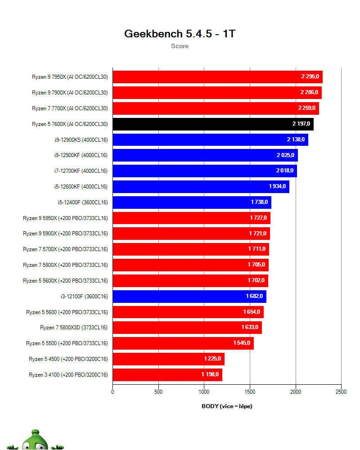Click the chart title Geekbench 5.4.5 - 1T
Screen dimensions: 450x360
point(180,34)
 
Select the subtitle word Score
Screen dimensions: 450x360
point(180,46)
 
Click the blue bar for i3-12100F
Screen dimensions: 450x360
point(189,296)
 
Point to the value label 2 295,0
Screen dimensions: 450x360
point(310,77)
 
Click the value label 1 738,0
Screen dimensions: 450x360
point(259,202)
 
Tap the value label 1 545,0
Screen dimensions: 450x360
point(242,343)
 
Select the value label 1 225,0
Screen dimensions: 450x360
point(212,359)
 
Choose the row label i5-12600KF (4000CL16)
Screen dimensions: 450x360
point(81,187)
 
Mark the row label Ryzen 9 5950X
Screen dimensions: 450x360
point(66,218)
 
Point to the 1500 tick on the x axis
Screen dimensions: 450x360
point(250,392)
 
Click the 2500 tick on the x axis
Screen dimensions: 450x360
point(341,392)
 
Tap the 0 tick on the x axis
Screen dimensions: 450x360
point(112,392)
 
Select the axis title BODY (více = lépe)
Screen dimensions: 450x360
point(227,406)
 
